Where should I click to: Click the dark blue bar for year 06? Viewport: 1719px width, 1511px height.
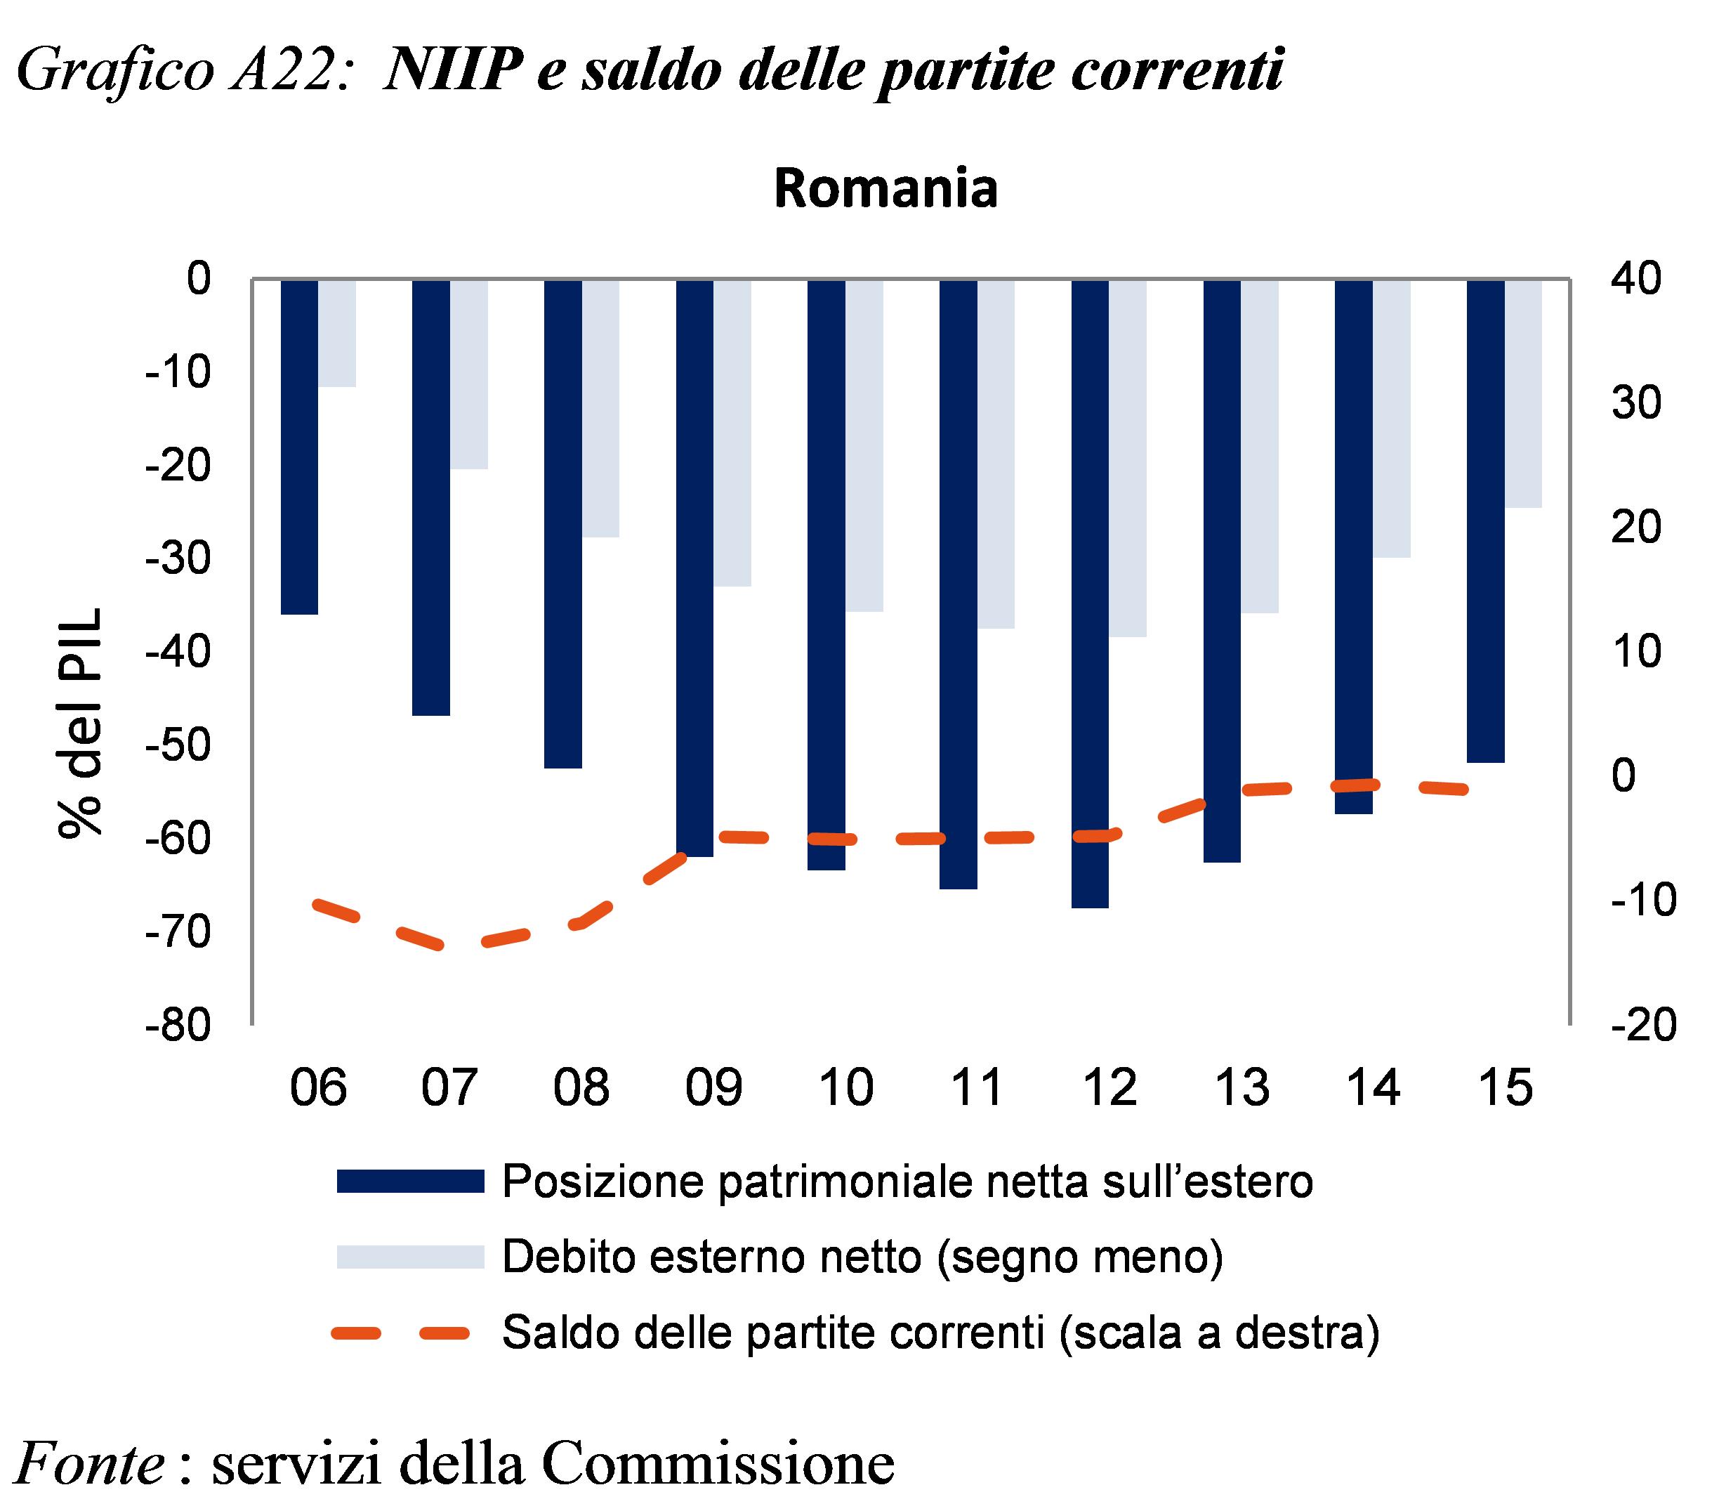[x=299, y=446]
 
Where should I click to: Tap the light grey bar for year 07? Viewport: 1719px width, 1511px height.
[x=469, y=374]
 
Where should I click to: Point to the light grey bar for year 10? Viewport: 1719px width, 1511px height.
[x=864, y=445]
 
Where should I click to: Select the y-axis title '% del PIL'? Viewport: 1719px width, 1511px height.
[x=81, y=722]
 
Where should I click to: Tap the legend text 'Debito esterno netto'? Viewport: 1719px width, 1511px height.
[x=711, y=1256]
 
